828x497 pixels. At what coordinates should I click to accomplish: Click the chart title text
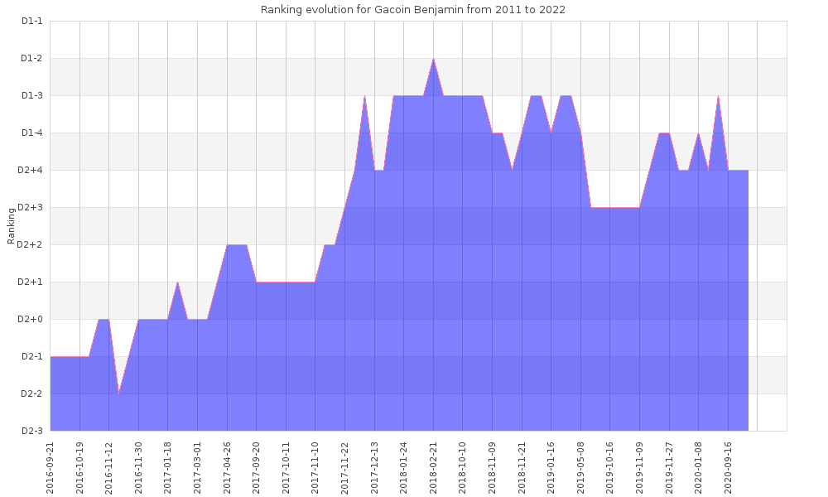(413, 10)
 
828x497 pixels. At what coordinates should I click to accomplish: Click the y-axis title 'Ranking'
(12, 226)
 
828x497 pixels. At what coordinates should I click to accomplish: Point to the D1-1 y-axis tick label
(31, 22)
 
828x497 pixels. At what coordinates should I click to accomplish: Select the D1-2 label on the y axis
(31, 59)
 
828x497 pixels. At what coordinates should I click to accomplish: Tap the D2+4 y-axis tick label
(31, 171)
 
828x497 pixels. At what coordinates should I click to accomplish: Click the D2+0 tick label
(31, 320)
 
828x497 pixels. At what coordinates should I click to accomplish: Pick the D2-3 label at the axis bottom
(31, 431)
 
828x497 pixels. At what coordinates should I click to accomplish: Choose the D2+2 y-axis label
(31, 245)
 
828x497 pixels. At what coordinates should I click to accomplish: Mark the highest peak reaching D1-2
(433, 60)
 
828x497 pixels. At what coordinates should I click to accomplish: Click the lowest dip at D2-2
(119, 393)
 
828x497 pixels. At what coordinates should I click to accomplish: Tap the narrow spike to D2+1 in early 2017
(177, 283)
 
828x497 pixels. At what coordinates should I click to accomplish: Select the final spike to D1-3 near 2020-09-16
(718, 97)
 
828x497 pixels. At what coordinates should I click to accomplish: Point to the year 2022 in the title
(554, 10)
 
